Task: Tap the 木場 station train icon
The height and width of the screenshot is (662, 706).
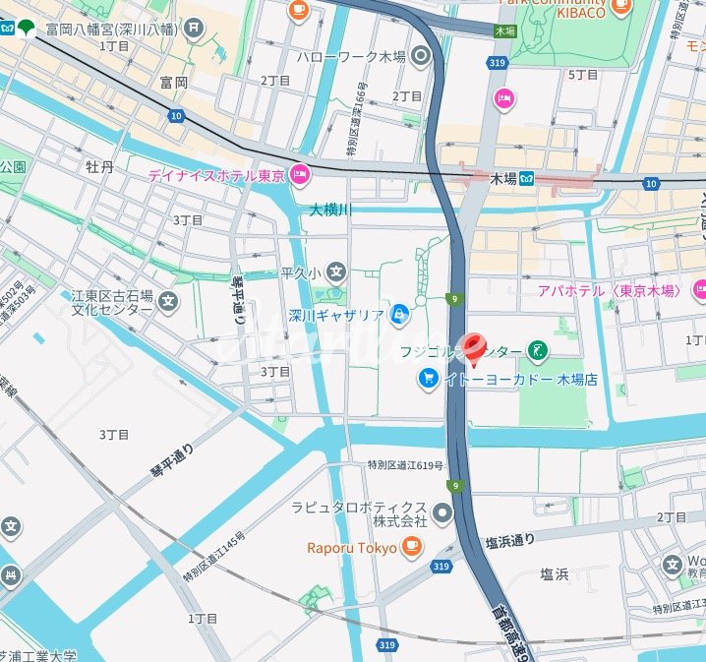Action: click(x=527, y=178)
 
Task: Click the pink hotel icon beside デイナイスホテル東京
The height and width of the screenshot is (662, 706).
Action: click(x=301, y=176)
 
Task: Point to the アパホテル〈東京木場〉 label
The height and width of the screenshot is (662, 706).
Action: click(x=610, y=290)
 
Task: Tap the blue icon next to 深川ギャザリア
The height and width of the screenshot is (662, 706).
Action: click(x=398, y=316)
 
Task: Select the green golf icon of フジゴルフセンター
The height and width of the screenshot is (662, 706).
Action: click(x=538, y=349)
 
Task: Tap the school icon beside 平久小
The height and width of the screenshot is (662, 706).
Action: click(x=337, y=271)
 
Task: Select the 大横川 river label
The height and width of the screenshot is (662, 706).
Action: click(x=330, y=210)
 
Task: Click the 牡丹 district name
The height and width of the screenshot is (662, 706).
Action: click(x=99, y=167)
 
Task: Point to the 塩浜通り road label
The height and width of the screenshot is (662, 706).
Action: click(x=509, y=541)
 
